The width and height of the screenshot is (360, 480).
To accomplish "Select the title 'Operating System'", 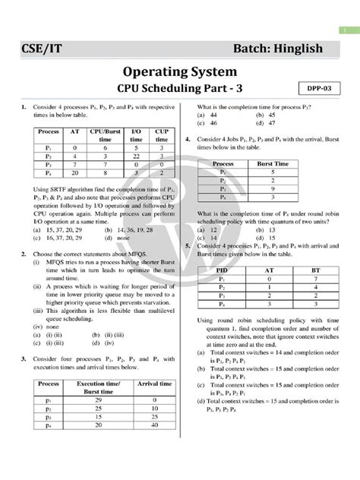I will pos(179,75).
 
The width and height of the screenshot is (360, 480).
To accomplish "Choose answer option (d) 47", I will pos(266,122).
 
